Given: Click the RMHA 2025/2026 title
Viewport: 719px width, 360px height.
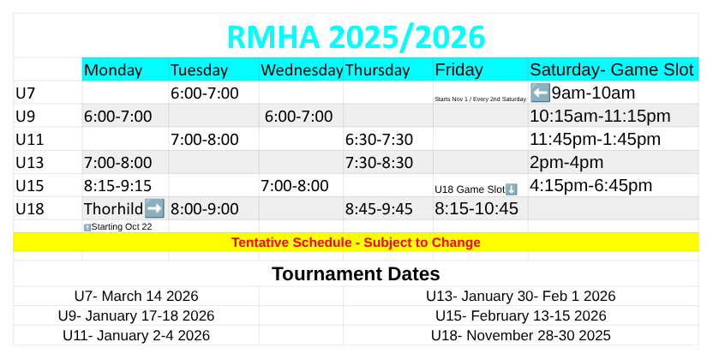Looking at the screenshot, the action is (356, 37).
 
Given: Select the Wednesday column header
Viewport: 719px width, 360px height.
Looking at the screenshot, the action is (302, 70).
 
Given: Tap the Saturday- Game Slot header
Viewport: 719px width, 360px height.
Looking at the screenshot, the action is (612, 69).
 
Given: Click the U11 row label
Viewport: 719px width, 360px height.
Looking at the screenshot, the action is (30, 140).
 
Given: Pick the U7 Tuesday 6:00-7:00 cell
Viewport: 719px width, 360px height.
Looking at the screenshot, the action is (205, 93).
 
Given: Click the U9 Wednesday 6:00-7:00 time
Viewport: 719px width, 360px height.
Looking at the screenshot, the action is (298, 117).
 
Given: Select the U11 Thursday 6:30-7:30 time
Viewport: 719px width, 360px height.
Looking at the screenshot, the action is (379, 140).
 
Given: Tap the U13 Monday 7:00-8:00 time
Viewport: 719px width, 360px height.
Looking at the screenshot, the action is (118, 162).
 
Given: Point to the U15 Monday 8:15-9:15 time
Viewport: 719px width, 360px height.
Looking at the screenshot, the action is (118, 186).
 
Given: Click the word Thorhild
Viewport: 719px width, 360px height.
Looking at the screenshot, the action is (114, 208).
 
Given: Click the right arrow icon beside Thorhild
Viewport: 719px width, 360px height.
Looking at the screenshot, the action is (154, 208).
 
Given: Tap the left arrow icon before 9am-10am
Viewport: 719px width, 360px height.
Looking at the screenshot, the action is (540, 93).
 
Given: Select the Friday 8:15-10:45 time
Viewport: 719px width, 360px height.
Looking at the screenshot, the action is (476, 208).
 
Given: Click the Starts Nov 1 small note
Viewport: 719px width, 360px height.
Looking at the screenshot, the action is (481, 99).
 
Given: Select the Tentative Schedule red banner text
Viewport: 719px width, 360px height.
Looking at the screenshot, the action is (356, 242).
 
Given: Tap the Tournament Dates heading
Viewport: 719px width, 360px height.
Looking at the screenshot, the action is (356, 273).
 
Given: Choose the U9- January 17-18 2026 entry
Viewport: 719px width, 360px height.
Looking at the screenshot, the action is (136, 315).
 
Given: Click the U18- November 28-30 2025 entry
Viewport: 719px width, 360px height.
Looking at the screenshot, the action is (521, 335).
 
